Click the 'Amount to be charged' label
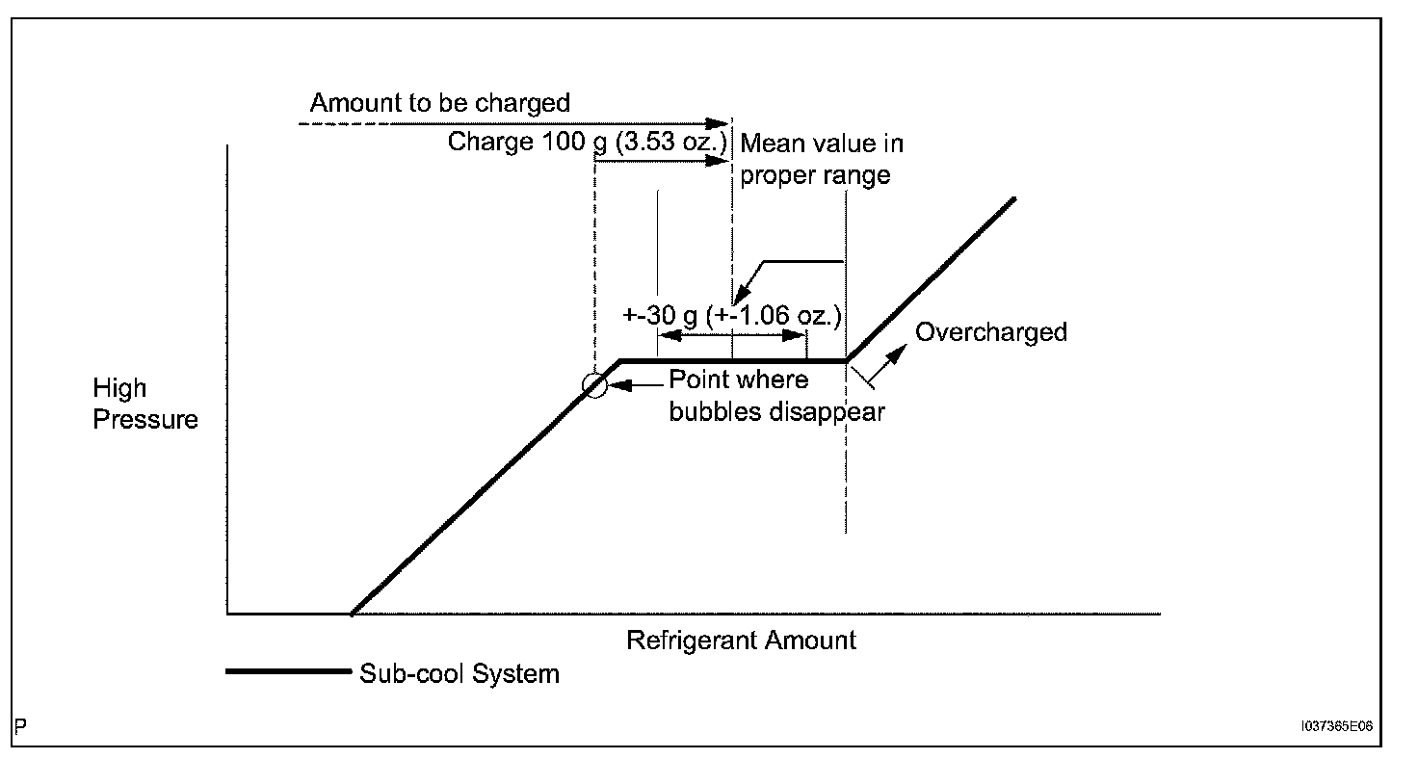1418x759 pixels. pos(440,103)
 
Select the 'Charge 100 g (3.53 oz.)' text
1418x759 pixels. pos(587,143)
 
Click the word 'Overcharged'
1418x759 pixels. pos(991,332)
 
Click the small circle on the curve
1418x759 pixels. pos(595,385)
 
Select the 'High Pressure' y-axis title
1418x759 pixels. pos(144,404)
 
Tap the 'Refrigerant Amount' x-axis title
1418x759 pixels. pos(741,641)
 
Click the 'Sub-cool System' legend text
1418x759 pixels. pos(460,672)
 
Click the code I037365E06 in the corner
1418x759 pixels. pos(1336,729)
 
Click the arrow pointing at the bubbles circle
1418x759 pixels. pos(620,385)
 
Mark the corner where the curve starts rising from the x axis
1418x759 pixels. pos(352,614)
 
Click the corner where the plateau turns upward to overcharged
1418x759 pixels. pos(847,361)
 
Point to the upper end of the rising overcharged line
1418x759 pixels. pos(1014,198)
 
